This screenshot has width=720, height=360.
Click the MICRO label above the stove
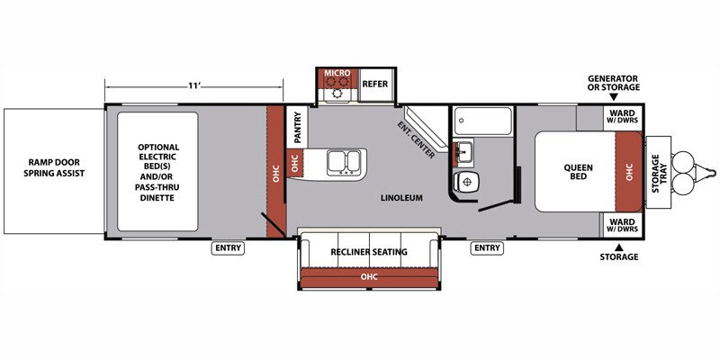tap(337, 73)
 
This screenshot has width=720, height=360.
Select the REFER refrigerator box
tap(375, 84)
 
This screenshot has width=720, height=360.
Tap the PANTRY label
tap(297, 127)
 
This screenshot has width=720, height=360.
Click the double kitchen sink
tap(344, 163)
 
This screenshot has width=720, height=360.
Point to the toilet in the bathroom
tap(464, 181)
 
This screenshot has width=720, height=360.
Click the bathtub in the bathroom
tap(482, 121)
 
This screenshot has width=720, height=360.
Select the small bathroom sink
tap(463, 150)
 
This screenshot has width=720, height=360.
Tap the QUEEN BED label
tap(578, 172)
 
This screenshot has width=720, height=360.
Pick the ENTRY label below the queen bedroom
tap(487, 248)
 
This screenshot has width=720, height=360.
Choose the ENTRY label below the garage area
tap(229, 248)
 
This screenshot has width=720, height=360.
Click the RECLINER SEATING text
tap(369, 252)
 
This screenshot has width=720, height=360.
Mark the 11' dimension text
tap(193, 85)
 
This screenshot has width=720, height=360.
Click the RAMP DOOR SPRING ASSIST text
tap(54, 167)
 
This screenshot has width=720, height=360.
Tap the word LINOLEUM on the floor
tap(401, 198)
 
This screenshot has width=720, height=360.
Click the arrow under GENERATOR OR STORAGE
tap(614, 97)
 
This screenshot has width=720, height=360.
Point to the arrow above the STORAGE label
tap(618, 247)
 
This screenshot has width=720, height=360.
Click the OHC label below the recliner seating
tap(369, 276)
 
